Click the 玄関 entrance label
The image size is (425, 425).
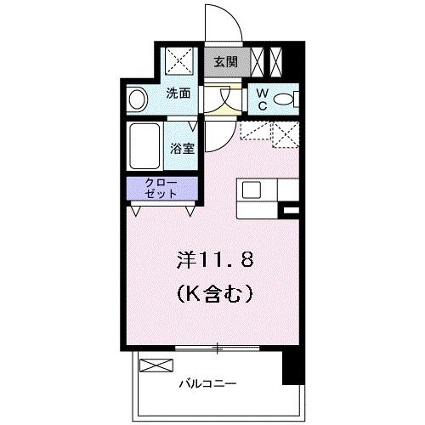point(225,61)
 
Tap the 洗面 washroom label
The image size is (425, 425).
point(177,93)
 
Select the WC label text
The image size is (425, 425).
point(260,99)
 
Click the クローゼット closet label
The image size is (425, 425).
point(161,188)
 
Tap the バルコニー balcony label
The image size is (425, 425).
point(208,383)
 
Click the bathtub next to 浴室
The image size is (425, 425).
point(147,147)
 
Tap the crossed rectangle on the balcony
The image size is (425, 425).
point(155,365)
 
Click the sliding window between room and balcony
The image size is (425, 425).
point(217,348)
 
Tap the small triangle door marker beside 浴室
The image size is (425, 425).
point(208,140)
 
